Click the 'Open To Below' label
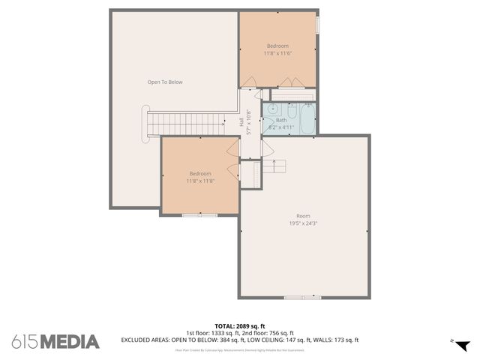(164, 82)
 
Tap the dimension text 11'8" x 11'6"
(277, 53)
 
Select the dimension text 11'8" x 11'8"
(200, 181)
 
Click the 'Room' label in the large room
(303, 215)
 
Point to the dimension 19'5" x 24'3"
(303, 223)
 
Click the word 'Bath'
(281, 120)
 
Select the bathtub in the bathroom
(307, 119)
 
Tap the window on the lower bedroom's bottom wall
(200, 215)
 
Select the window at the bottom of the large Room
(302, 298)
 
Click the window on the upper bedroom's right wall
(316, 24)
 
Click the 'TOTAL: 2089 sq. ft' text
(240, 326)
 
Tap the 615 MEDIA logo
(55, 341)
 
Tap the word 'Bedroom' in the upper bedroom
(277, 46)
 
